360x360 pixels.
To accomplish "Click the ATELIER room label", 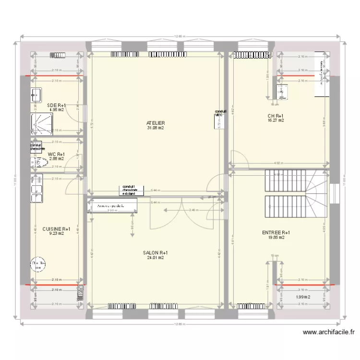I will click(156, 123).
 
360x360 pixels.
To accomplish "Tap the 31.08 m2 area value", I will click(156, 128).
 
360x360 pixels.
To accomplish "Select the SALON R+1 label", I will click(156, 252).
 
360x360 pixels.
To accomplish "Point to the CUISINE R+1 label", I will click(57, 229).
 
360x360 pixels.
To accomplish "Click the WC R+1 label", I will click(57, 154).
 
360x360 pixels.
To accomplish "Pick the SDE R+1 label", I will click(57, 105).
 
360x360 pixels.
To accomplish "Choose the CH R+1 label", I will click(276, 116).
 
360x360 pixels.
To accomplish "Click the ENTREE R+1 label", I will click(276, 232).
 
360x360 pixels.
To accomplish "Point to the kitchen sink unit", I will click(36, 189).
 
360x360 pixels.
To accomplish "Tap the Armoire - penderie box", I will click(112, 206).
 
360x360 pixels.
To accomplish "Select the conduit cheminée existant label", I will click(129, 190).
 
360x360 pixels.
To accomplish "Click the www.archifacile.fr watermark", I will click(329, 332).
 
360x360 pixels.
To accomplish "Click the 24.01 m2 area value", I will click(156, 258).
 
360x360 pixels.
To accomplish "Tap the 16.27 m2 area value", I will click(276, 120).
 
